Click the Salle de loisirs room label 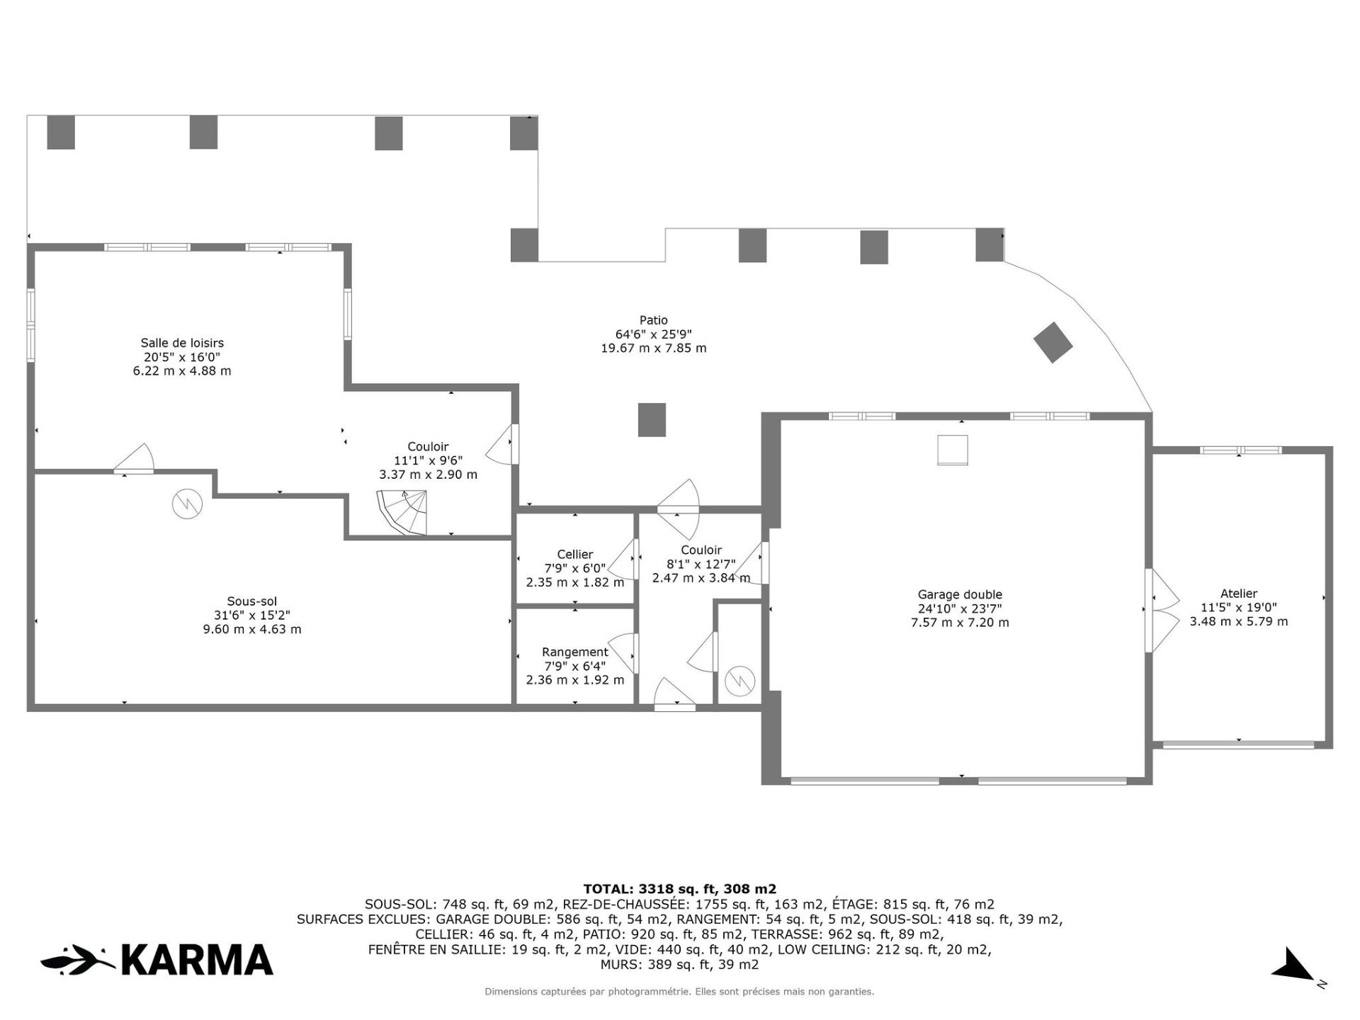[x=182, y=343]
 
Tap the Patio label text [x=653, y=320]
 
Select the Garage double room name [x=960, y=595]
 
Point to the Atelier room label [x=1239, y=594]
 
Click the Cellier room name [x=575, y=555]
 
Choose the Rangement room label [x=575, y=652]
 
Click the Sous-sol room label [x=252, y=602]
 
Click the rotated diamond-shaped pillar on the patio [x=1053, y=343]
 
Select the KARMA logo [x=157, y=960]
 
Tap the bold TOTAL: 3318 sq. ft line [x=680, y=889]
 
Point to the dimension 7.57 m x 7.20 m [x=960, y=623]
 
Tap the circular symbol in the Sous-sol [x=188, y=504]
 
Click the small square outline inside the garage [x=953, y=450]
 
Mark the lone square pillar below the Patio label [x=652, y=420]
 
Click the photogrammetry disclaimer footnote [x=679, y=992]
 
